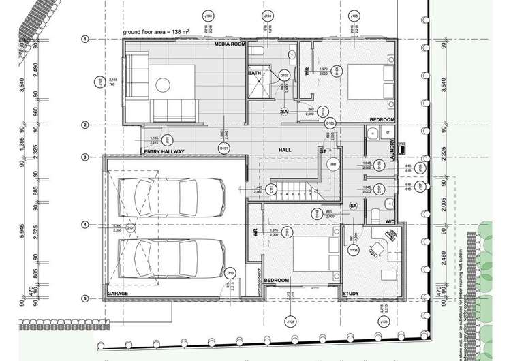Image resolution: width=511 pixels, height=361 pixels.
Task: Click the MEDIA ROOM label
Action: point(229,44)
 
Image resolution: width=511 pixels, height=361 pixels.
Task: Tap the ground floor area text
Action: point(155,32)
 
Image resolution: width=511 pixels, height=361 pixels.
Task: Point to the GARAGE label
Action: point(118,294)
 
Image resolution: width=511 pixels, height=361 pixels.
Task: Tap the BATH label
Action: point(255,73)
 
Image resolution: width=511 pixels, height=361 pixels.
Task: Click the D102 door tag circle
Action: point(285,74)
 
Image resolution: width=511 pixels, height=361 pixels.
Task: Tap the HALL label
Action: point(285,149)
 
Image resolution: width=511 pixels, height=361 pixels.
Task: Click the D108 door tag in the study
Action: point(354,251)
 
